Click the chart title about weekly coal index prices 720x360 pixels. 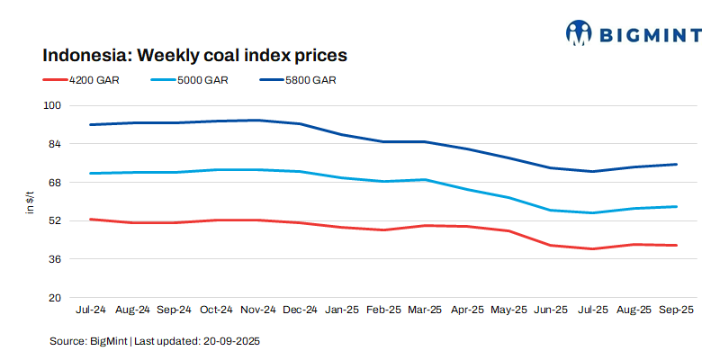coord(194,55)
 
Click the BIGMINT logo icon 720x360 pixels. coord(579,33)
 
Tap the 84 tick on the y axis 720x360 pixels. coord(54,144)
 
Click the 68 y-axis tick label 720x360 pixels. coord(54,183)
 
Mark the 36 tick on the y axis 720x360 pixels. coord(54,259)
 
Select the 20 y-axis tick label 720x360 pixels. coord(54,298)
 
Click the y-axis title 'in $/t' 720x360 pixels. coord(30,202)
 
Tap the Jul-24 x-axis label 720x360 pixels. coord(91,310)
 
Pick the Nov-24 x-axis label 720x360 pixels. coord(258,310)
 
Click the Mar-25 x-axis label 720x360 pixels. coord(425,310)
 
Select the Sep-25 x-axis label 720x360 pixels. coord(675,310)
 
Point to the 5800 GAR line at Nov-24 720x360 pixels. coord(258,120)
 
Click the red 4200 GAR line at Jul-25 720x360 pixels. coord(591,248)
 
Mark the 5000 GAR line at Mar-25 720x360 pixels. coord(425,180)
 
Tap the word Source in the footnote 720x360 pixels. coord(67,341)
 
